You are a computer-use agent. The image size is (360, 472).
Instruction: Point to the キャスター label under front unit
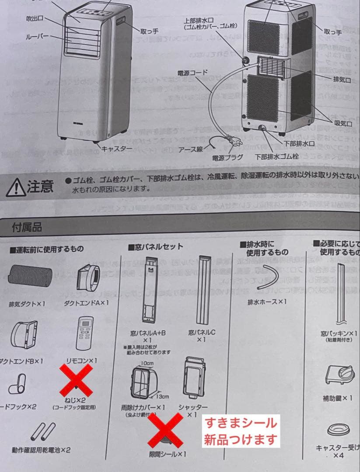117,149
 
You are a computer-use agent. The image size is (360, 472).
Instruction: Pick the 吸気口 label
343,124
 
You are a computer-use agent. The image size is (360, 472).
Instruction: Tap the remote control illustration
85,335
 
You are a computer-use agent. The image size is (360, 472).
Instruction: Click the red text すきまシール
241,423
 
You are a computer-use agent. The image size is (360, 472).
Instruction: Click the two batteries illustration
43,432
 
